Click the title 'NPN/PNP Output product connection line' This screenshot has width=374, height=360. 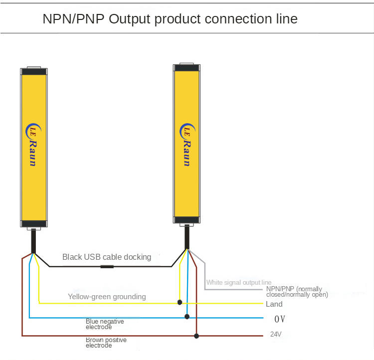170,19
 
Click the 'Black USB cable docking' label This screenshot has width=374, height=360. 106,257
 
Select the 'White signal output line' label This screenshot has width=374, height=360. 239,283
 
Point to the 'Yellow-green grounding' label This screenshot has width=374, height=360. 107,297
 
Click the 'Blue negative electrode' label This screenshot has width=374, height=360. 105,324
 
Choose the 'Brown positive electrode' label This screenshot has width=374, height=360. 106,343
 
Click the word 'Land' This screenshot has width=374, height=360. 274,304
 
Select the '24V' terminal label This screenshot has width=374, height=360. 276,335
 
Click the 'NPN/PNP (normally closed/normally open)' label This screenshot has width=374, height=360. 294,292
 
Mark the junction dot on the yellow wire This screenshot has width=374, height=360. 180,302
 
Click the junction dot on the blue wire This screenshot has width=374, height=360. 187,317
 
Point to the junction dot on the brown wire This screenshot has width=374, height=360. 196,336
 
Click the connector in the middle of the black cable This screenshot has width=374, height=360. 107,267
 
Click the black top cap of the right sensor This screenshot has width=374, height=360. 187,68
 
